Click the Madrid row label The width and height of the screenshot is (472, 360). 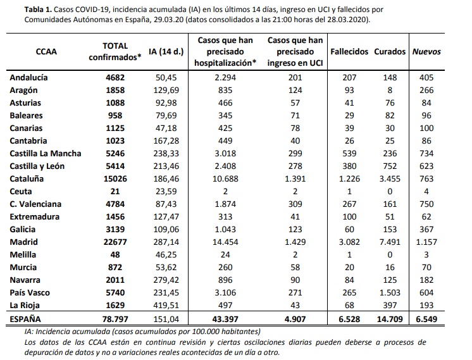pyautogui.click(x=24, y=242)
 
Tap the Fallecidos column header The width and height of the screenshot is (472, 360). pyautogui.click(x=349, y=51)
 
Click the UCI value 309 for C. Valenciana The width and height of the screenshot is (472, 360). pyautogui.click(x=295, y=204)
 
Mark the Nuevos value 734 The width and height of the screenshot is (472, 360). pyautogui.click(x=427, y=152)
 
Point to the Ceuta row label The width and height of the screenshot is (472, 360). pyautogui.click(x=22, y=190)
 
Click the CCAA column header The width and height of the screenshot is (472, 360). pyautogui.click(x=47, y=52)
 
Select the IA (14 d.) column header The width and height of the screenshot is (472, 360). pyautogui.click(x=165, y=52)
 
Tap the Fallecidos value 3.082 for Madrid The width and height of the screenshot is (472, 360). pyautogui.click(x=349, y=242)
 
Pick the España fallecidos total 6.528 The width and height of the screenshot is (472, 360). pyautogui.click(x=349, y=320)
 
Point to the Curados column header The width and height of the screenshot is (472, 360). pyautogui.click(x=389, y=51)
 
